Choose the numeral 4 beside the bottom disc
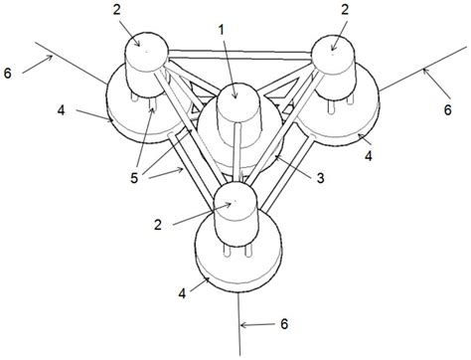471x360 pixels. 182,294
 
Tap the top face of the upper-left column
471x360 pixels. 145,47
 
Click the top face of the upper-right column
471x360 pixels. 332,46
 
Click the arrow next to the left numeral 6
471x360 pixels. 33,67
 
